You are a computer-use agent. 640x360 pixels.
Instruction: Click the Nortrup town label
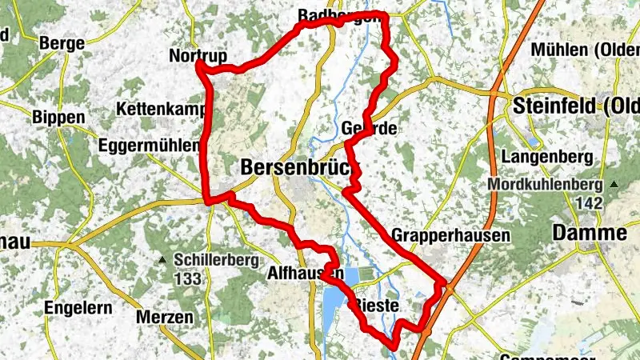point(198,56)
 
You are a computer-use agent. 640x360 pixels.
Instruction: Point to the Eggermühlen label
point(148,146)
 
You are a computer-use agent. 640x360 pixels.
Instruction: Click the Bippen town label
point(58,117)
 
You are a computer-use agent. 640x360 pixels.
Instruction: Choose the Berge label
point(62,42)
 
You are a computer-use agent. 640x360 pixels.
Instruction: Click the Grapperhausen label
point(451,236)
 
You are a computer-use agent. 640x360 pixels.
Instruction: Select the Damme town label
point(590,234)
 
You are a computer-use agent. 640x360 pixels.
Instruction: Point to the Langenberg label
point(548,154)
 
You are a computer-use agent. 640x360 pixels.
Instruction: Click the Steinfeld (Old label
point(575,106)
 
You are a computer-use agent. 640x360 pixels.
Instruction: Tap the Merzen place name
point(165,317)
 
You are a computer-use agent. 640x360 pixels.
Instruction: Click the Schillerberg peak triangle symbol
point(162,259)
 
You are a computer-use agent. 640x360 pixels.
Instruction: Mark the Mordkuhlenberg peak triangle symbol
point(613,185)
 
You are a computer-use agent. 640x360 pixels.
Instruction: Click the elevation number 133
point(187,279)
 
